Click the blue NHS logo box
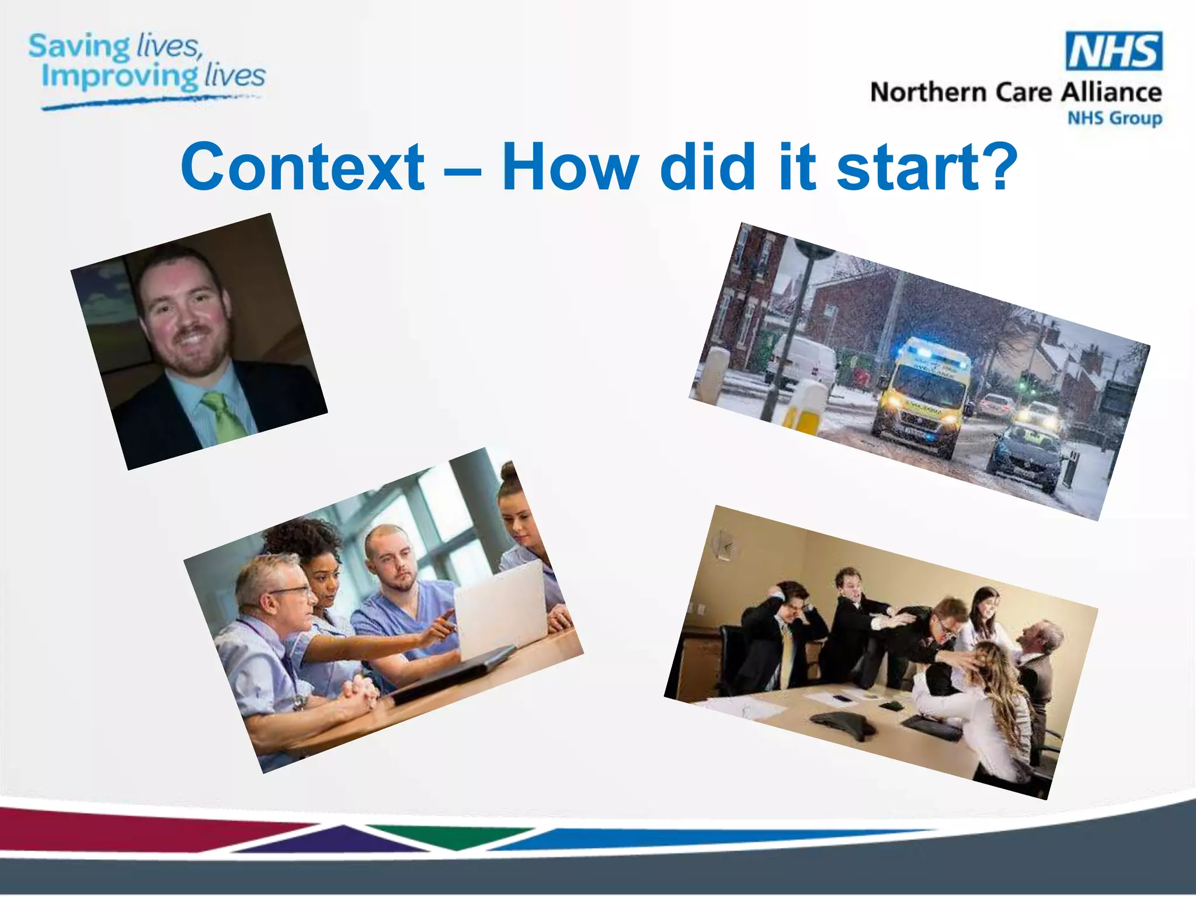pyautogui.click(x=1114, y=51)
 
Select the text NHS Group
pyautogui.click(x=1114, y=118)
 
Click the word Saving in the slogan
pyautogui.click(x=79, y=47)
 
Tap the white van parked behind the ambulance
pyautogui.click(x=803, y=359)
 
